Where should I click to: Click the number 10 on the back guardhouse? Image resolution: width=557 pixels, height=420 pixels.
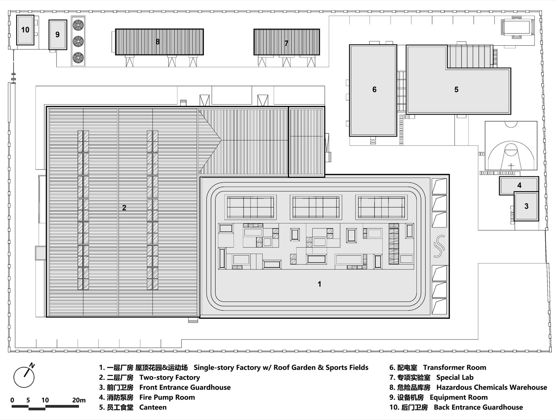25,30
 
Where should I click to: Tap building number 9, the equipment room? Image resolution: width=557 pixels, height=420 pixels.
58,34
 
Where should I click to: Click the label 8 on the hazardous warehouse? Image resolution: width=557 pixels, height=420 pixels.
158,42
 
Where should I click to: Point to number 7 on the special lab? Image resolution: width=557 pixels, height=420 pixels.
286,43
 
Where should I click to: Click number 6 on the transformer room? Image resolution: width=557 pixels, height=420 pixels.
374,90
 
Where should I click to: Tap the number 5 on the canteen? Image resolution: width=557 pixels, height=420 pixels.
456,90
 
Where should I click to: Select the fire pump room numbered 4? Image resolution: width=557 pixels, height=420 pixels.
519,185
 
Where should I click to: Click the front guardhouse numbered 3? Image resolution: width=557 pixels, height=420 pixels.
526,206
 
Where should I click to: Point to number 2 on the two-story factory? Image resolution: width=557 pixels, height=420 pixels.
124,208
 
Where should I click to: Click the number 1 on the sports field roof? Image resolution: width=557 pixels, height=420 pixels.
319,284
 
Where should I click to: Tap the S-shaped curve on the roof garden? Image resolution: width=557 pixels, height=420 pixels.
439,246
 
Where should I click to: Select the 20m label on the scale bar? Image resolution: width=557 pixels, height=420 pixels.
79,400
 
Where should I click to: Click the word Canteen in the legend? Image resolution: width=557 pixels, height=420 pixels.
153,407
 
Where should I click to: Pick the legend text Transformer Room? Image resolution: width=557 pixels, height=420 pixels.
454,368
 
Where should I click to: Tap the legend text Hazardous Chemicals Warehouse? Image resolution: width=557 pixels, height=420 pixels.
491,387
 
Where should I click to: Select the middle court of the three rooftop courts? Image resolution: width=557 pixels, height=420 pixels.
316,207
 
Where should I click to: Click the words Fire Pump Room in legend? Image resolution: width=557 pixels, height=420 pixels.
167,397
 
